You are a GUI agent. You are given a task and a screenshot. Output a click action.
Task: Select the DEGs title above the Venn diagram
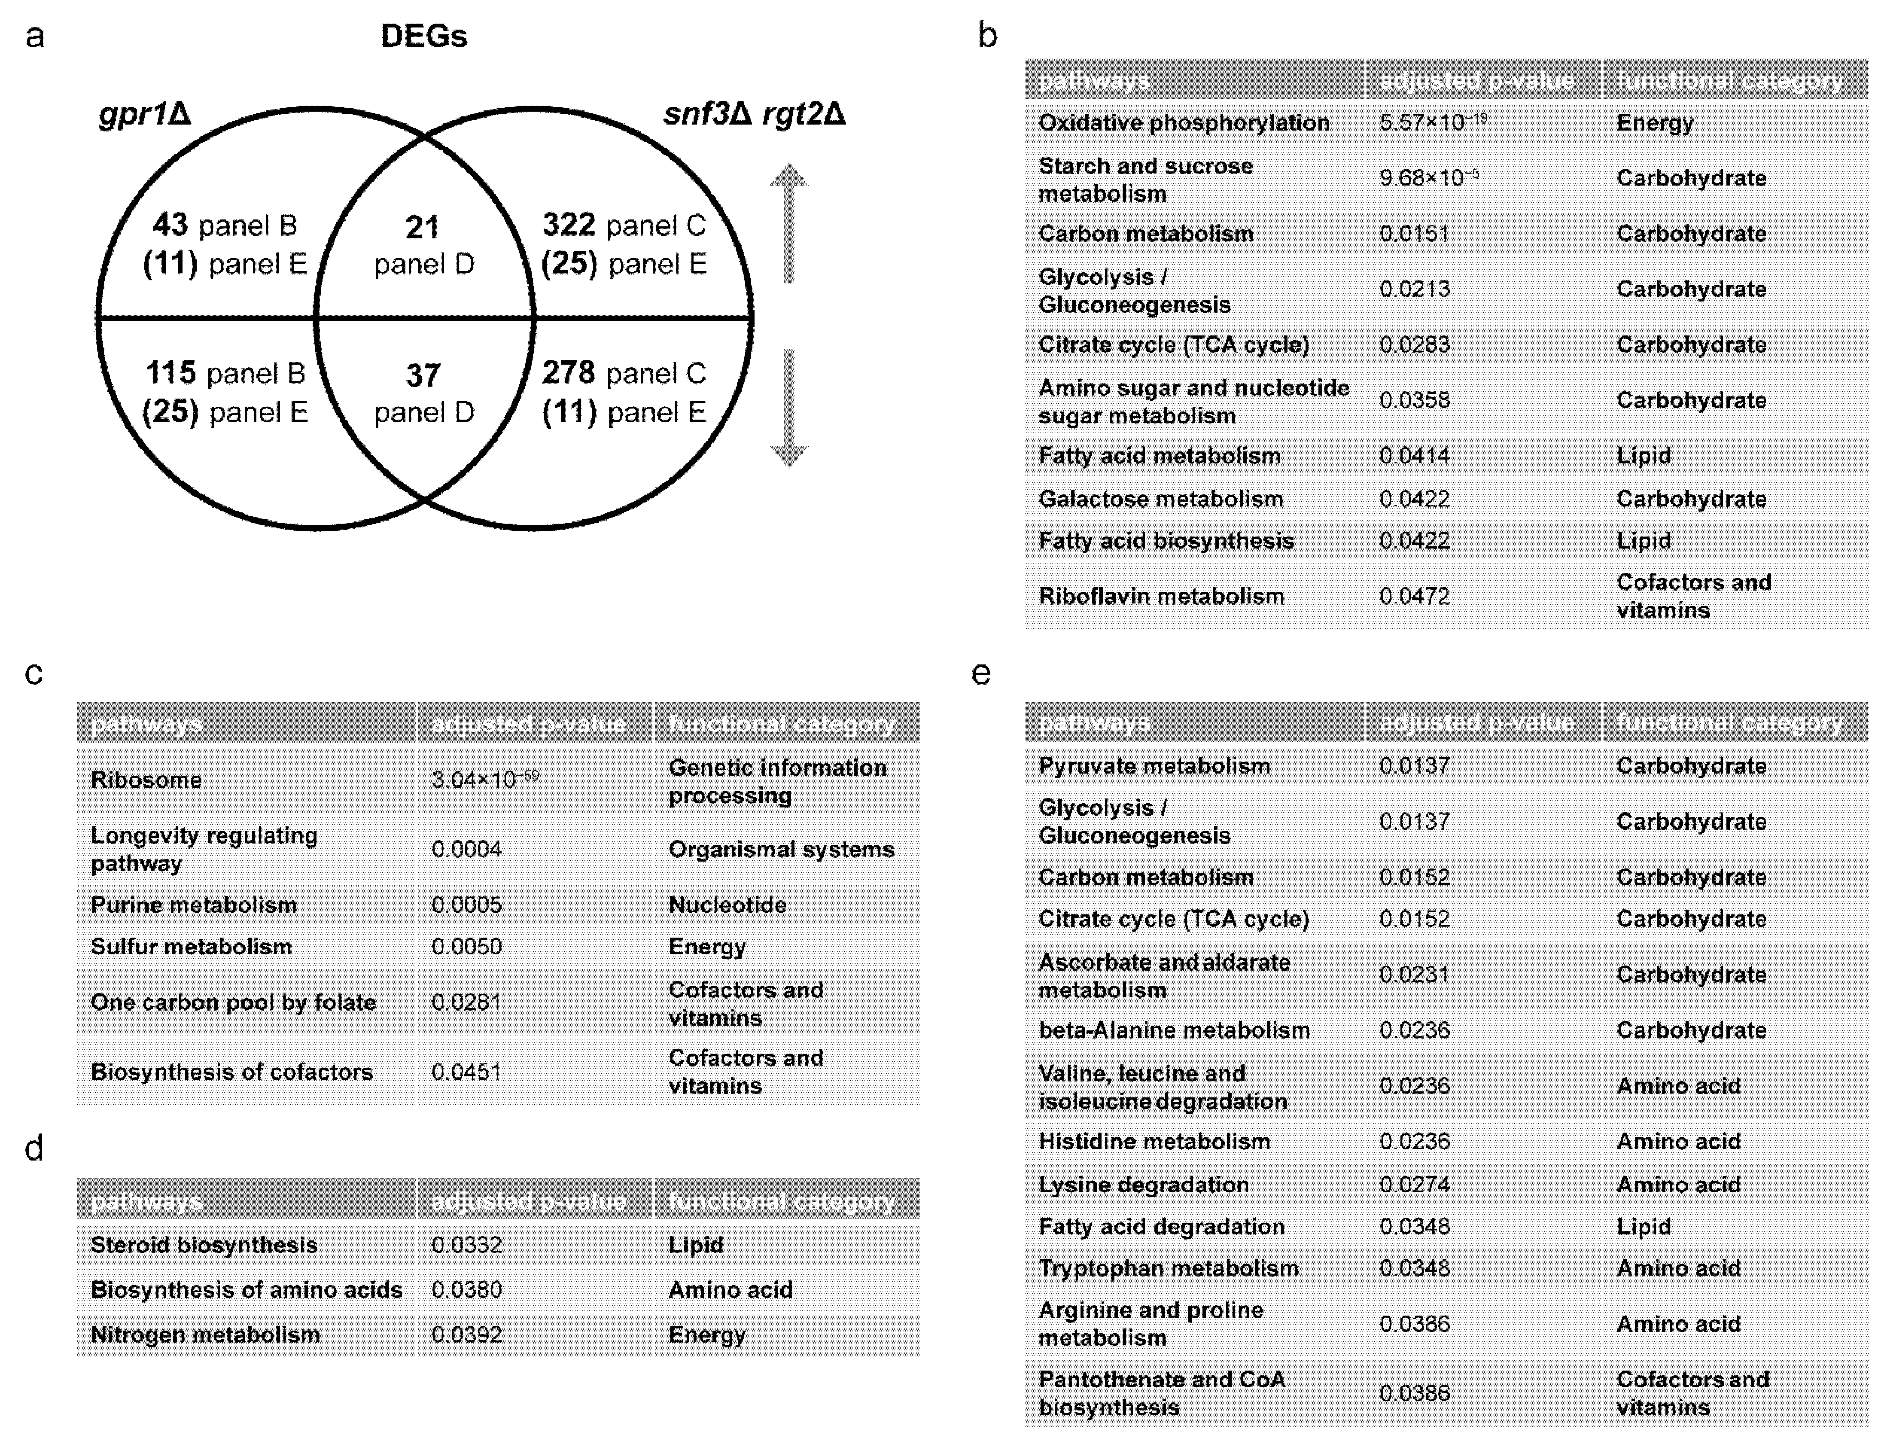pyautogui.click(x=424, y=36)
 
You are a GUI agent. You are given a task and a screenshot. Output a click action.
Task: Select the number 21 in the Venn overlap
pyautogui.click(x=422, y=227)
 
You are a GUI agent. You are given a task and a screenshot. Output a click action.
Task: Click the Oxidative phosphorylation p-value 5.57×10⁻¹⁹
pyautogui.click(x=1432, y=123)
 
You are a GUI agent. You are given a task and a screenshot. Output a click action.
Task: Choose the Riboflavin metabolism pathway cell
pyautogui.click(x=1161, y=596)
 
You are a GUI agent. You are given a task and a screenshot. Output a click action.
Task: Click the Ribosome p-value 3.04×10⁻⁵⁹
pyautogui.click(x=484, y=780)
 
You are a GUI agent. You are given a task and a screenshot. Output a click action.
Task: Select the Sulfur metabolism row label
pyautogui.click(x=191, y=947)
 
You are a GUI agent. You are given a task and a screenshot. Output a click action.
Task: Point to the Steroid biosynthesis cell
pyautogui.click(x=204, y=1246)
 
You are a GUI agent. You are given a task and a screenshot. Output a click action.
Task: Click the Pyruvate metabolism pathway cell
pyautogui.click(x=1154, y=766)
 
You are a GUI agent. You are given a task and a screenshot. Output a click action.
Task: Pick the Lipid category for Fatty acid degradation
pyautogui.click(x=1644, y=1227)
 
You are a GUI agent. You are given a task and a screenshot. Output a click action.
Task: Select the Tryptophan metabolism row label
pyautogui.click(x=1168, y=1269)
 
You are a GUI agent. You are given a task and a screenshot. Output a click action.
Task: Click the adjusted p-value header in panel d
pyautogui.click(x=528, y=1202)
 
